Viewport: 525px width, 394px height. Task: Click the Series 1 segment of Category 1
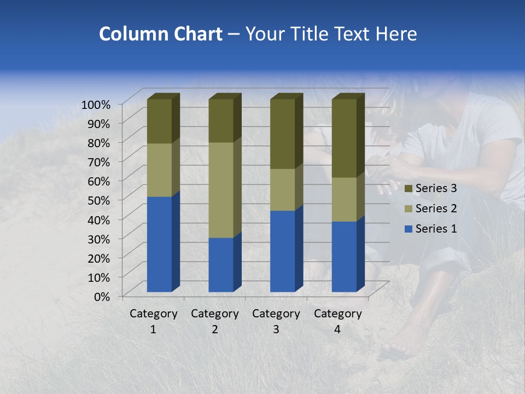(159, 244)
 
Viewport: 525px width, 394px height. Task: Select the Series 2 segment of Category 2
(221, 190)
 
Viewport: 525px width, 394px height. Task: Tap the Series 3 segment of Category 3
(283, 134)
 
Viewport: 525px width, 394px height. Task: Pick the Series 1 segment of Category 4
(344, 256)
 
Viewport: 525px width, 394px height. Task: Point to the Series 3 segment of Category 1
(159, 121)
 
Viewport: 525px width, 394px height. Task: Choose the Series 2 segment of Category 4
(344, 199)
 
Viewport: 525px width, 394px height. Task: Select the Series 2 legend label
(436, 208)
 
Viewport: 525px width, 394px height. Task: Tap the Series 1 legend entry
(430, 229)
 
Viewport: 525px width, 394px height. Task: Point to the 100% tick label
(96, 104)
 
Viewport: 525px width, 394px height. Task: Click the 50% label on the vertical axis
(99, 200)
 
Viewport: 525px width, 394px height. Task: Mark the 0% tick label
(102, 296)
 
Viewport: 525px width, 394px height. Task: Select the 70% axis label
(99, 161)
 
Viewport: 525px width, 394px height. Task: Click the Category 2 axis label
(215, 321)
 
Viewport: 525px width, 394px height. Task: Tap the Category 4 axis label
(338, 321)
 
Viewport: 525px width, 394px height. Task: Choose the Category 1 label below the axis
(153, 321)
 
